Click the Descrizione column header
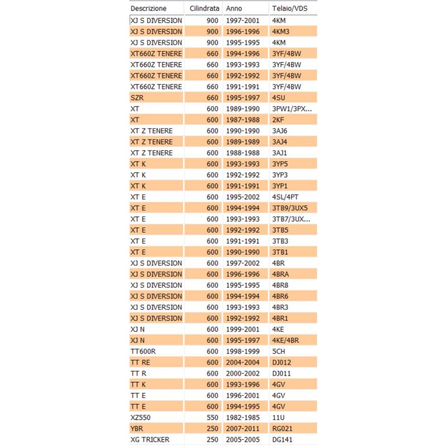pos(148,8)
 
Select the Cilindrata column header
pos(204,8)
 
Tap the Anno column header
pos(234,8)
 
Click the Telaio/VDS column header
pos(290,8)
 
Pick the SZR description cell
pos(137,98)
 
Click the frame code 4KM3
pos(281,31)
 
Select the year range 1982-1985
pos(243,417)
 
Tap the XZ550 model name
pos(140,417)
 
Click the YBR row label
pos(137,428)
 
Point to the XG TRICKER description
pos(150,439)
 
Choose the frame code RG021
pos(282,428)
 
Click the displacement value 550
pos(212,417)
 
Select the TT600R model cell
pos(143,351)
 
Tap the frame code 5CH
pos(279,351)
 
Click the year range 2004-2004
pos(243,362)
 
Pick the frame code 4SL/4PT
pos(285,197)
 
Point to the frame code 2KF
pos(278,119)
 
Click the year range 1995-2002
pos(243,197)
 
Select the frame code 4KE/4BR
pos(286,340)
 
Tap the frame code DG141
pos(282,439)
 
